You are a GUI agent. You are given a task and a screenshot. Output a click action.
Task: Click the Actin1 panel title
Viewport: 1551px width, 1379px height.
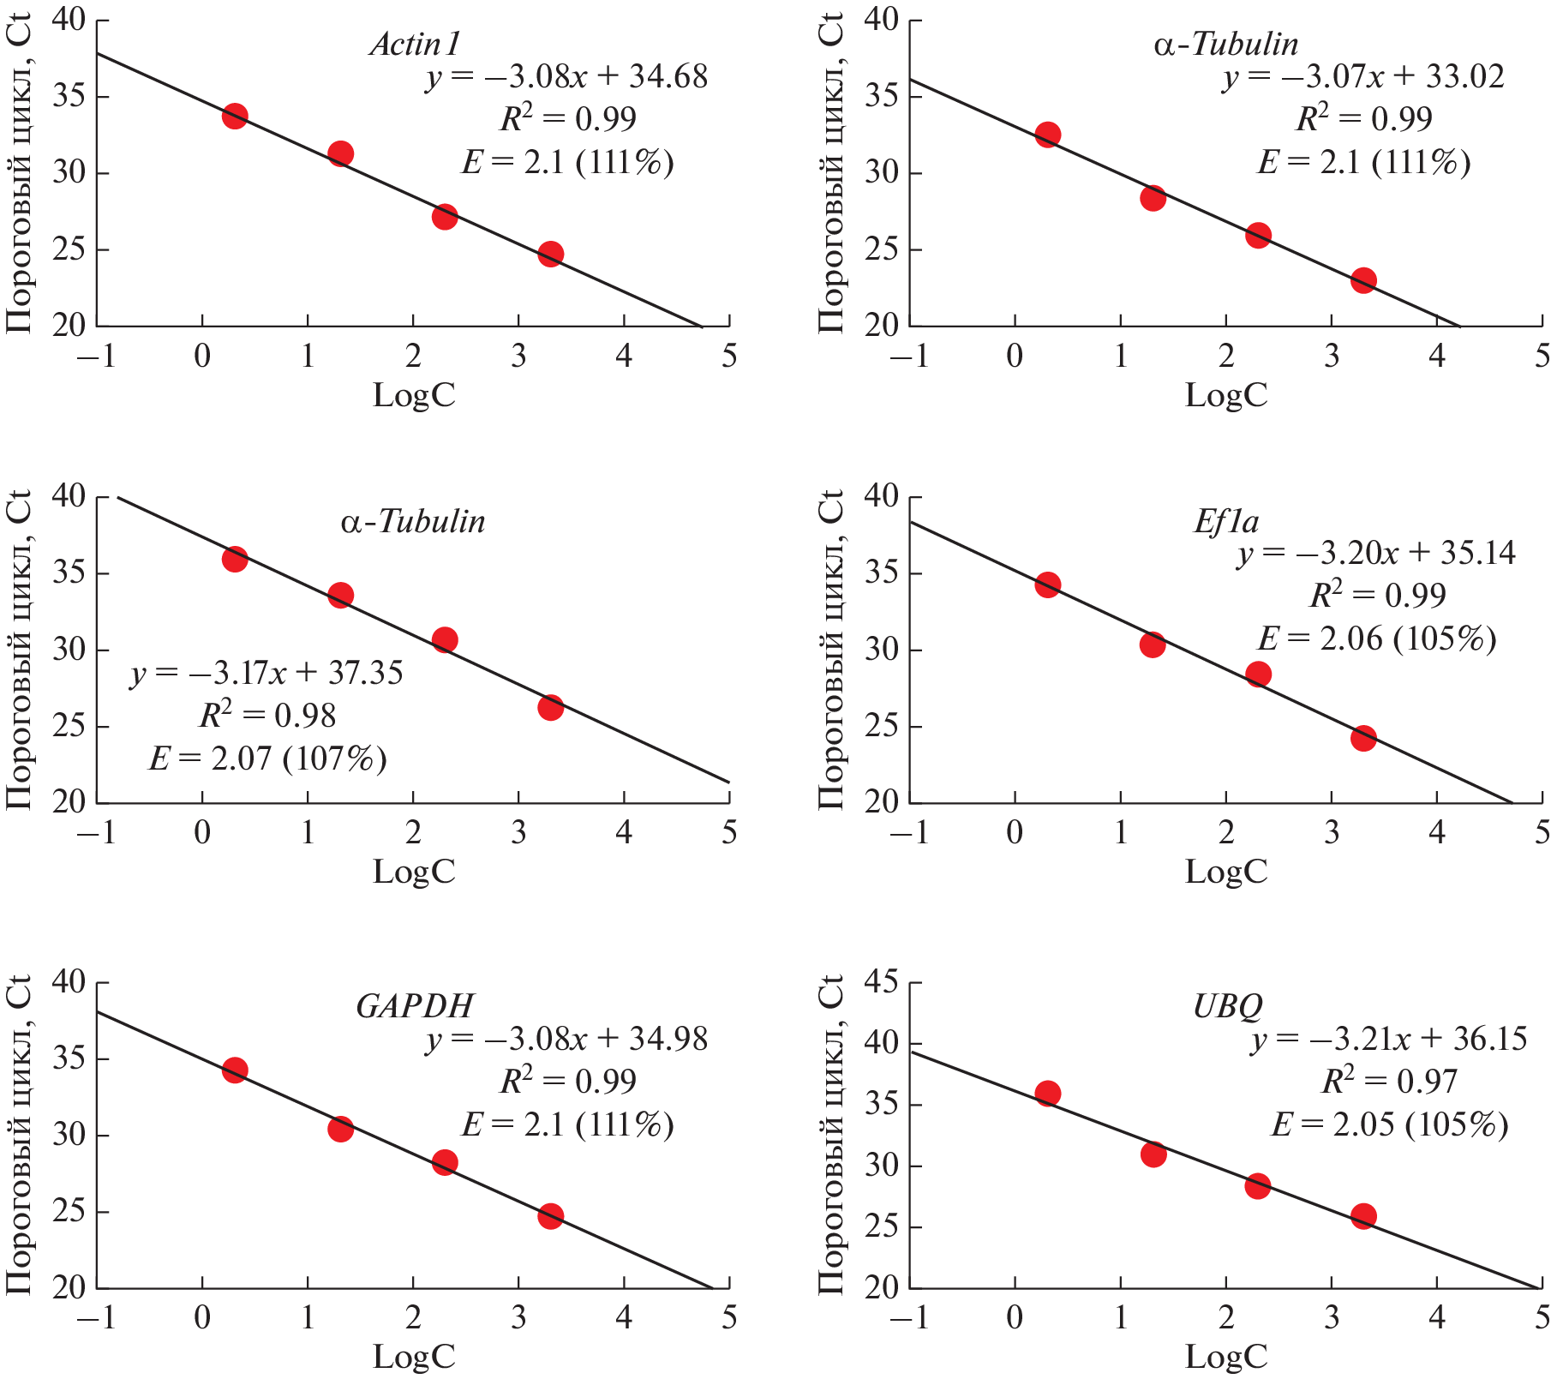coord(416,44)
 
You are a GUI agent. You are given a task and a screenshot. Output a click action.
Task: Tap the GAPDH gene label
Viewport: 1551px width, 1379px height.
coord(415,1005)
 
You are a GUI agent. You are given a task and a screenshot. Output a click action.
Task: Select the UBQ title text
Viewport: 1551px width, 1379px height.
coord(1227,1005)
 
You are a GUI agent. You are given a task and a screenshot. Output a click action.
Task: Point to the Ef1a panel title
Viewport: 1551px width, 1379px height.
coord(1226,521)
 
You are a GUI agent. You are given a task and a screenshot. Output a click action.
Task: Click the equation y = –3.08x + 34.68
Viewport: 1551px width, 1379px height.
coord(566,77)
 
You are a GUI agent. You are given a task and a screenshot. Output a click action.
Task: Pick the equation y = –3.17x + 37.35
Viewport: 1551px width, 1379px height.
coord(266,674)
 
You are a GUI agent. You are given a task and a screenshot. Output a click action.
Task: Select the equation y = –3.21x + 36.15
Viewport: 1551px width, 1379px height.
coord(1388,1040)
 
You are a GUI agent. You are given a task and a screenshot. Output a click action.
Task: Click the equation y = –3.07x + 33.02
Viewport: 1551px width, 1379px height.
coord(1362,77)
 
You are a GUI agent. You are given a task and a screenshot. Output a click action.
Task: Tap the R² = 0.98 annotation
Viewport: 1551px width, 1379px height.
coord(267,716)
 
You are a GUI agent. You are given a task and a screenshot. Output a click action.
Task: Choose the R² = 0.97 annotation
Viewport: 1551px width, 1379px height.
coord(1389,1082)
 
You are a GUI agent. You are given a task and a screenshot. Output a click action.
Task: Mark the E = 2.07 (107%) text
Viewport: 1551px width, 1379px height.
coord(267,758)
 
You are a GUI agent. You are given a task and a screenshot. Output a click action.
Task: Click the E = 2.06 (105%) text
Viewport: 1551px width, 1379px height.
coord(1377,639)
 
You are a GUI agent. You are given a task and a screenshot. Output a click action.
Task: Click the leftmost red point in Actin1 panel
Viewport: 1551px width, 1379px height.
coord(235,116)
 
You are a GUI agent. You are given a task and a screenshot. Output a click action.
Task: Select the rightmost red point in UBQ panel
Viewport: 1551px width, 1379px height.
coord(1363,1216)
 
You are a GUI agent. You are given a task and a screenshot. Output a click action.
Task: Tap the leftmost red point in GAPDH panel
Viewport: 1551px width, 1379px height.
coord(235,1070)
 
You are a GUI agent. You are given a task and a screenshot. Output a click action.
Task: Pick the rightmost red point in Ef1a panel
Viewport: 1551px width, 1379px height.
coord(1363,738)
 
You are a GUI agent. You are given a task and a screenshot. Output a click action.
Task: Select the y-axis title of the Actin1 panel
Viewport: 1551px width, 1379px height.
coord(19,173)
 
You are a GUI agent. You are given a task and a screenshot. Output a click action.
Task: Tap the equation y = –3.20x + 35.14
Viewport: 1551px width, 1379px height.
coord(1376,554)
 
